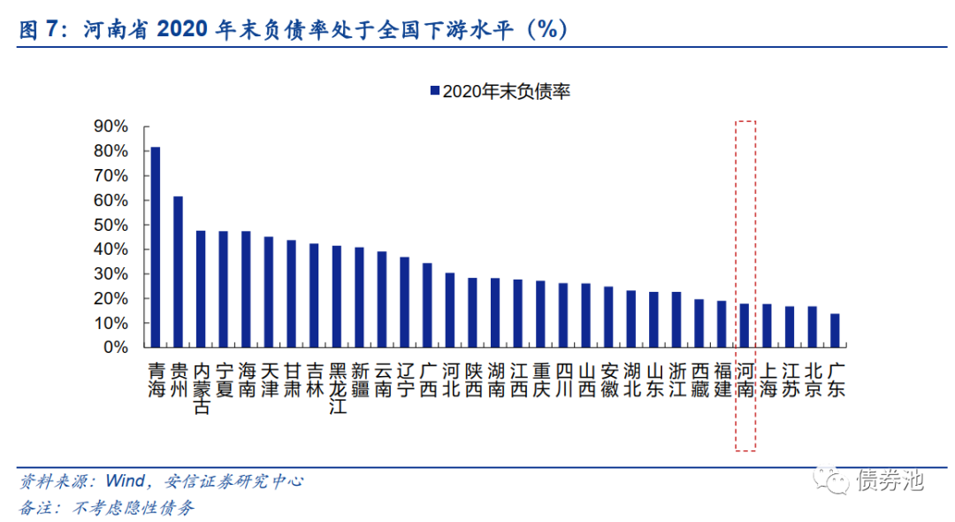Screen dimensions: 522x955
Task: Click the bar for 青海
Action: [x=155, y=247]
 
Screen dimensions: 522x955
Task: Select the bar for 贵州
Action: [x=178, y=272]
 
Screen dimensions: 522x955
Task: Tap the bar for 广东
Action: [x=835, y=331]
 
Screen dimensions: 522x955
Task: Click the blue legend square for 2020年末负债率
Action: [x=434, y=91]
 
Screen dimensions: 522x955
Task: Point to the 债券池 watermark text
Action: [x=890, y=480]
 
